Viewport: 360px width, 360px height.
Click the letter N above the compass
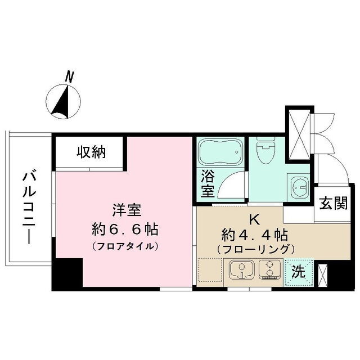coord(69,77)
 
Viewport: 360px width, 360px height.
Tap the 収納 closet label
coord(91,152)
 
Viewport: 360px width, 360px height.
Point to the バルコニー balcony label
coord(29,209)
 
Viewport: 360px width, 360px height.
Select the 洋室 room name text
coord(127,210)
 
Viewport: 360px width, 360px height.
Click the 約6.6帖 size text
coord(125,229)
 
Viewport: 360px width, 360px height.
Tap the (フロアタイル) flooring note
coord(125,246)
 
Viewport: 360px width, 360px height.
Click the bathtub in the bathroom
coord(220,152)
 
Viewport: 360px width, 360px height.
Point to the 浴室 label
coord(208,183)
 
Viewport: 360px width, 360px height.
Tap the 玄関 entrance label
coord(334,204)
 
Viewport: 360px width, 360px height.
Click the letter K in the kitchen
coord(255,220)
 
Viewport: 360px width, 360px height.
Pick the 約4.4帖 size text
coord(254,235)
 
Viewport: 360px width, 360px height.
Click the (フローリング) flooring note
coord(255,250)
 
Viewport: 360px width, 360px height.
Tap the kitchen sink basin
coord(242,269)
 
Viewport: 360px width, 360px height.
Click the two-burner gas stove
coord(270,269)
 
